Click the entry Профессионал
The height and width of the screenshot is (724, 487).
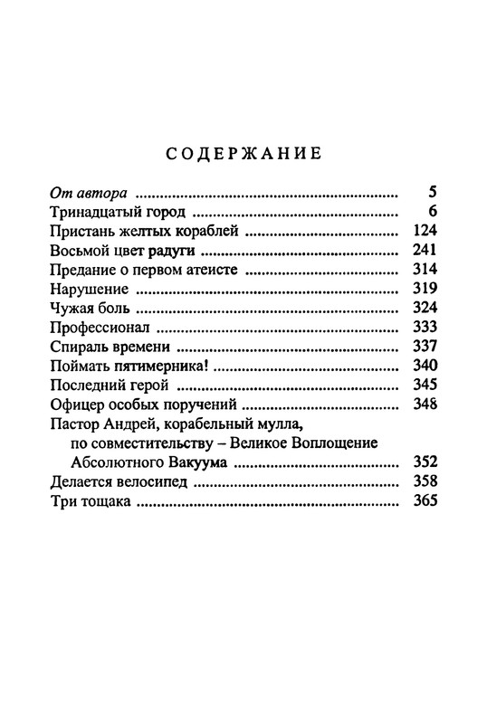tap(101, 328)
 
